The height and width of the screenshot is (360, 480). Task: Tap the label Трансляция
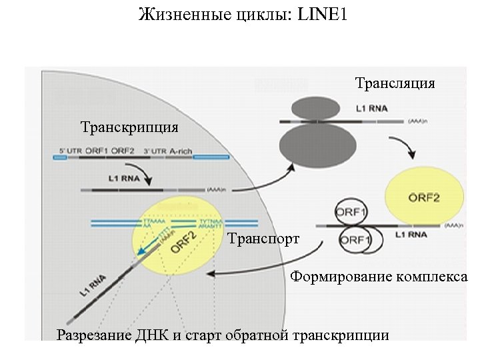(395, 83)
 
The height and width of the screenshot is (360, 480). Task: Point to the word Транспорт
(263, 238)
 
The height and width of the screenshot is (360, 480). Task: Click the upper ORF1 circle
(351, 213)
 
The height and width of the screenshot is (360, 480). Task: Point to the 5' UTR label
(71, 151)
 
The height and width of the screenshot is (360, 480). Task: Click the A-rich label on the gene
(181, 151)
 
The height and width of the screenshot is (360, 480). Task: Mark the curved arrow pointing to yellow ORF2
(403, 148)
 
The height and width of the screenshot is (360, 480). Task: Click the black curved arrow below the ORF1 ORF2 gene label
(147, 173)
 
